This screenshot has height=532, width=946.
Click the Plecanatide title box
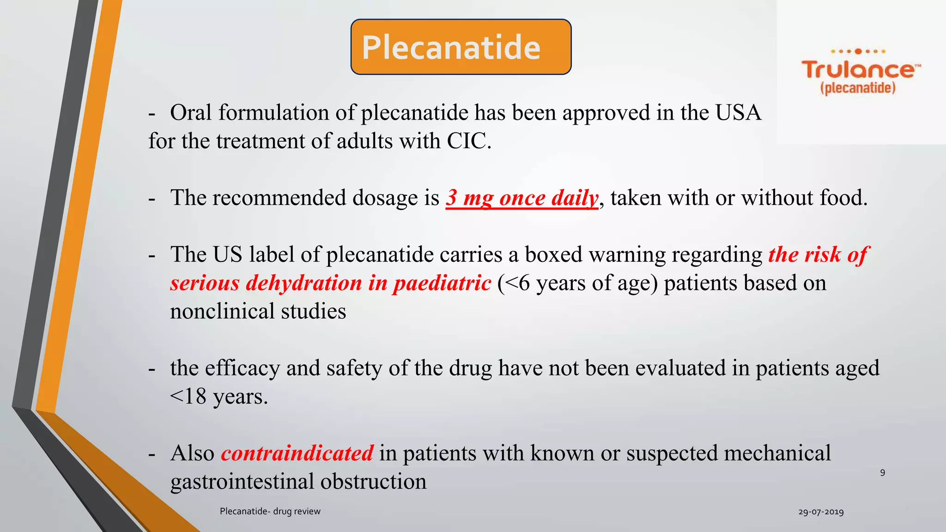coord(461,47)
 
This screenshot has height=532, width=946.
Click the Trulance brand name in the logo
coord(858,70)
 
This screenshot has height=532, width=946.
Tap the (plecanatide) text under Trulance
coord(858,88)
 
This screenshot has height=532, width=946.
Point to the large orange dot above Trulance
coord(858,51)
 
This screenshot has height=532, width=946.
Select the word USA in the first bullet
coord(738,113)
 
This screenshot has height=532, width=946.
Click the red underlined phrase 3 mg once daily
coord(522,198)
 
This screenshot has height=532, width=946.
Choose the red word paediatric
coord(442,283)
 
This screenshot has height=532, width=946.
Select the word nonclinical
coord(222,311)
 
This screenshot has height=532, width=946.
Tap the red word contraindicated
coord(297,453)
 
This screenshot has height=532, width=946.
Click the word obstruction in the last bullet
coord(373,482)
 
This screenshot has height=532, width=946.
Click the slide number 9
coord(882,472)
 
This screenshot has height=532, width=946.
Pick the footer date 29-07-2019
coord(821,512)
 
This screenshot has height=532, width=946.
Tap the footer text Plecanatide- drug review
coord(270,511)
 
